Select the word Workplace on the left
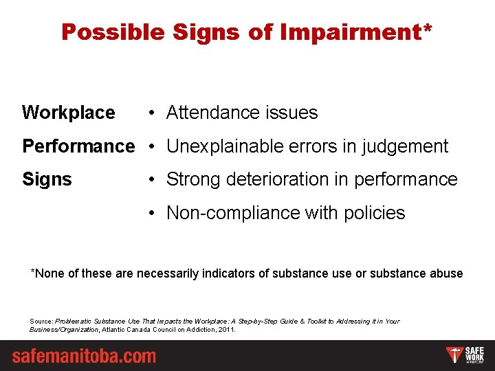(x=69, y=113)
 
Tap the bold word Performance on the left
(x=78, y=146)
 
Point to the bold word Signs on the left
(x=47, y=180)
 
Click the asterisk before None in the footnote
(x=33, y=272)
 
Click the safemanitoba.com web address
(x=84, y=357)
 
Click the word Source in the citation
(x=41, y=322)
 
